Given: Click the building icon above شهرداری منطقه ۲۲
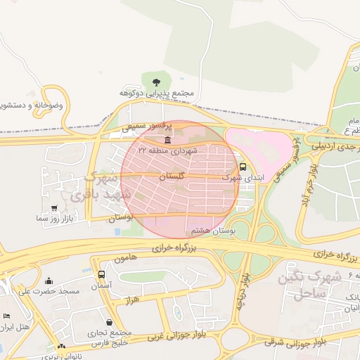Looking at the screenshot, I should [x=167, y=140].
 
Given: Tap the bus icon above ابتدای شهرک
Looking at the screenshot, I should [x=243, y=167].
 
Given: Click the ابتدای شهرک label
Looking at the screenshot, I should [x=243, y=178].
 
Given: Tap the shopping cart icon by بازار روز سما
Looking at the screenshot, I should [x=55, y=208].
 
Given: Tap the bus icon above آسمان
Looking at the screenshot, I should [x=101, y=275].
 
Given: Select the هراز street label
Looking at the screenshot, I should [x=131, y=300].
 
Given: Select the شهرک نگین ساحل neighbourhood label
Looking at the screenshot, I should [x=308, y=285].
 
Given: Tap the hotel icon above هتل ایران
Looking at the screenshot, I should [x=6, y=317].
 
